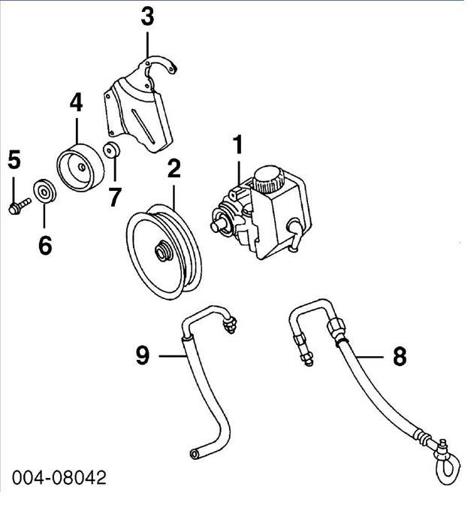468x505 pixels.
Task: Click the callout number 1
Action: coord(238,145)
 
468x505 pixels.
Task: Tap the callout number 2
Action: coord(174,169)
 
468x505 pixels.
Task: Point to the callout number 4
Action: coord(76,102)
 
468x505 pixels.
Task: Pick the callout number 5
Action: coord(14,159)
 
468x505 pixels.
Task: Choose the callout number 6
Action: coord(44,244)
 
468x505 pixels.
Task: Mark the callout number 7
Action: coord(114,197)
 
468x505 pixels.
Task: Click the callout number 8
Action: coord(400,356)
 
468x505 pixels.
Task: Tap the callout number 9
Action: coord(143,354)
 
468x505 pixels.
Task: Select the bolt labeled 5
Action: coord(18,204)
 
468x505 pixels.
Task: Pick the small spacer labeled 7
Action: coord(111,150)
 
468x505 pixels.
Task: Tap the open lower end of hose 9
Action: coord(193,452)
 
